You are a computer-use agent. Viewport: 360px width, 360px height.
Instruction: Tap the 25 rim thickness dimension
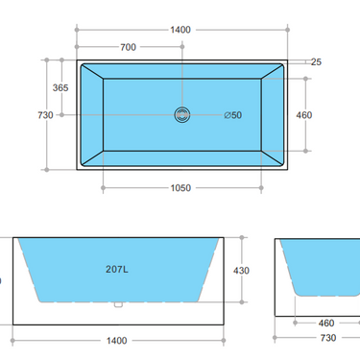(x=316, y=61)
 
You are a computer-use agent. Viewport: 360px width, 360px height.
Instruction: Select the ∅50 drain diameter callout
(x=232, y=115)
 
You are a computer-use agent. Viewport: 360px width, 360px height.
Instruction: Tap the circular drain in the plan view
(x=182, y=114)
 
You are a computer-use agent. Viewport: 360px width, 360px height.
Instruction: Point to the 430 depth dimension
(x=241, y=270)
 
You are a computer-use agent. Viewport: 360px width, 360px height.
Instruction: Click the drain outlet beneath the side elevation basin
(x=117, y=306)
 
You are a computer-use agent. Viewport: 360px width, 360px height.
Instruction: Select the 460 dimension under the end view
(x=326, y=324)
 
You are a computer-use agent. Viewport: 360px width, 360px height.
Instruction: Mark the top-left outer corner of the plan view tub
(x=77, y=60)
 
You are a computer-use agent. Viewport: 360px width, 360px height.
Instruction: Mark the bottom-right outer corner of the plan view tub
(x=290, y=170)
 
